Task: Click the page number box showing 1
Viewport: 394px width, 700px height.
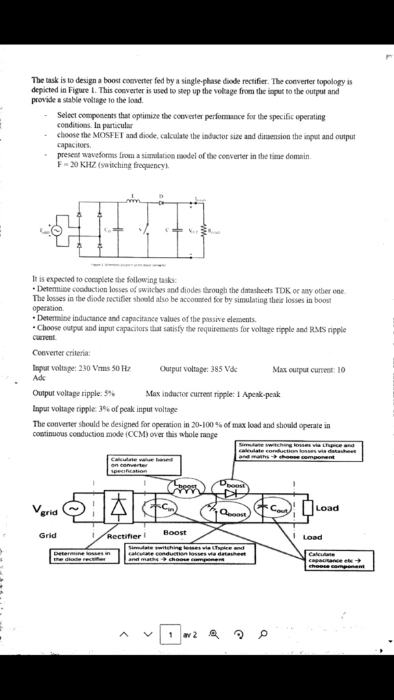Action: pyautogui.click(x=170, y=635)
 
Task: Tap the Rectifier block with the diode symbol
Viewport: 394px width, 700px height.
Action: pyautogui.click(x=120, y=509)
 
